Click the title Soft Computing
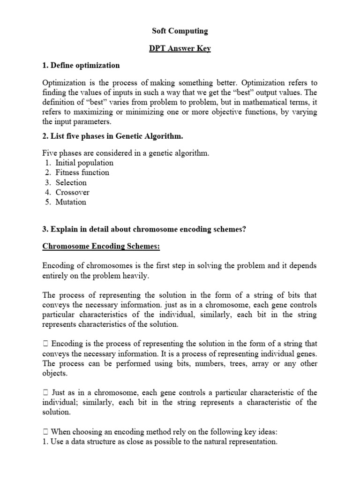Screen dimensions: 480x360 tap(180, 31)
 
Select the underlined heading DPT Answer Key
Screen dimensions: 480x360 tap(180, 48)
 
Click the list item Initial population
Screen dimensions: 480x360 tap(84, 163)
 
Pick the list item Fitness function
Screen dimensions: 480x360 tap(82, 172)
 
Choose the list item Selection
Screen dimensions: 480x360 tap(71, 182)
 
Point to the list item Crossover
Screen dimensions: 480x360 tap(72, 192)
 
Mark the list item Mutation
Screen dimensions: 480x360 tap(71, 202)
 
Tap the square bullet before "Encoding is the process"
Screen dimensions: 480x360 tap(45, 344)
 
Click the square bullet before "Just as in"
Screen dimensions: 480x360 tap(45, 392)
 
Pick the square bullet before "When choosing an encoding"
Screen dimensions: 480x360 tap(45, 431)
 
